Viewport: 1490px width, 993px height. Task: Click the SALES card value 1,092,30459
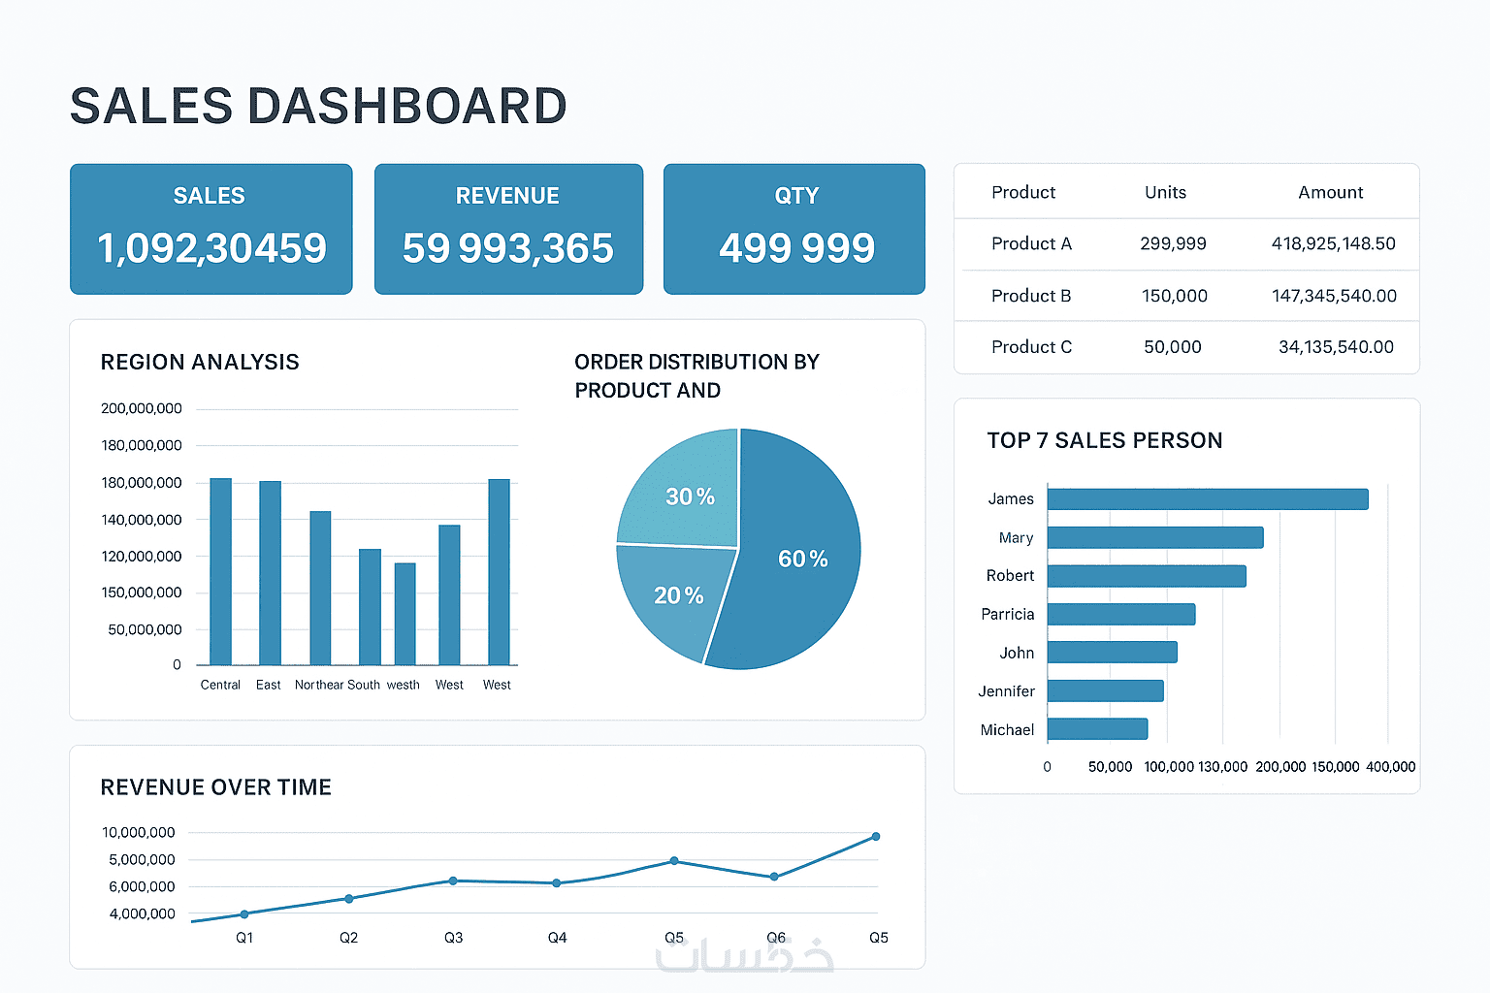click(211, 248)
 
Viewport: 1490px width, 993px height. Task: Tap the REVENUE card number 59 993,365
click(507, 248)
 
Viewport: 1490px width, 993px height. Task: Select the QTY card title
click(796, 196)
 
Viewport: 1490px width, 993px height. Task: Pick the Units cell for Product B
click(1174, 296)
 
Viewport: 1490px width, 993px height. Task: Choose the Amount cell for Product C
click(1336, 347)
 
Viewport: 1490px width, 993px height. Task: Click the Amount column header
click(1330, 193)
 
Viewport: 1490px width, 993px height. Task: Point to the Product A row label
click(1031, 244)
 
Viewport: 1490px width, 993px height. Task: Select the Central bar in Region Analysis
click(221, 571)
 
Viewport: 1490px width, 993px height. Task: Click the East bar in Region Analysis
click(270, 572)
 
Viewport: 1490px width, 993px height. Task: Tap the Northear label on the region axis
click(318, 685)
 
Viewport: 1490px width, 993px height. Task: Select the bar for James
click(1207, 499)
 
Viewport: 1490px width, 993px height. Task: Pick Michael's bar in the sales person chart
click(1097, 729)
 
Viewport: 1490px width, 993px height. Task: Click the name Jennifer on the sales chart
click(1006, 691)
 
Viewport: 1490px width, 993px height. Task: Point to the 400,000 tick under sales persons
click(1390, 767)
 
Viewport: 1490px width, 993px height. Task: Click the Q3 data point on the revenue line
click(453, 881)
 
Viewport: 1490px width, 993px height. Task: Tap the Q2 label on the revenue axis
click(348, 938)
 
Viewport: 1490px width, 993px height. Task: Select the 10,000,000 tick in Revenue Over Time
click(139, 833)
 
